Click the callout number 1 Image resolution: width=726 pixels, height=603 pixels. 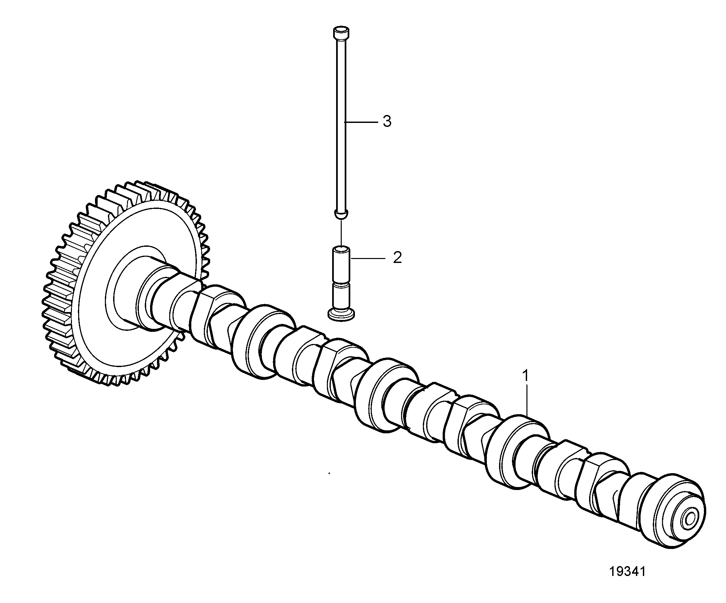(x=526, y=375)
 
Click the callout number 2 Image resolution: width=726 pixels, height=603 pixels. (x=397, y=258)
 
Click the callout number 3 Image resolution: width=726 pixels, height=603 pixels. (x=387, y=122)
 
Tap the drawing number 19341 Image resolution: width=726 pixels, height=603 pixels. (x=627, y=572)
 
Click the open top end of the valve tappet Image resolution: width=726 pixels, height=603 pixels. (x=341, y=249)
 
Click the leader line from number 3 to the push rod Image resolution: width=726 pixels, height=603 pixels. (x=361, y=122)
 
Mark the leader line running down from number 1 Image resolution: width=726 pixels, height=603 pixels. (x=526, y=400)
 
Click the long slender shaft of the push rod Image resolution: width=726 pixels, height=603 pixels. (x=341, y=124)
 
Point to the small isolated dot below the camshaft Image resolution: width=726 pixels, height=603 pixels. (x=329, y=474)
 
